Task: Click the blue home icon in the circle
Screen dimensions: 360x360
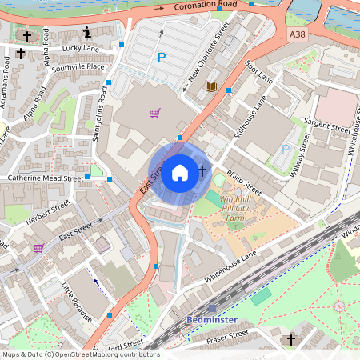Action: point(180,172)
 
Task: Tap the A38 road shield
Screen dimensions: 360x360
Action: point(297,34)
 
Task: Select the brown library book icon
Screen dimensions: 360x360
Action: point(211,86)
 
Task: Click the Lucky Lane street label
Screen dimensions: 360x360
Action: point(80,49)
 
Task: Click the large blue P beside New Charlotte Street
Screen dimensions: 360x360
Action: point(162,58)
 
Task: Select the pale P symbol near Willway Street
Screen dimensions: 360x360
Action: point(286,150)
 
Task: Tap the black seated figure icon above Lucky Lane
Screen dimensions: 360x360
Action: point(87,33)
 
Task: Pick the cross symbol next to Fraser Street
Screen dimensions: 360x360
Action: point(291,341)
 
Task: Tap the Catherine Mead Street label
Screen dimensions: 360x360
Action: point(45,178)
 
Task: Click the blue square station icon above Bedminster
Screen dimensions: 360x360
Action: point(212,307)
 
